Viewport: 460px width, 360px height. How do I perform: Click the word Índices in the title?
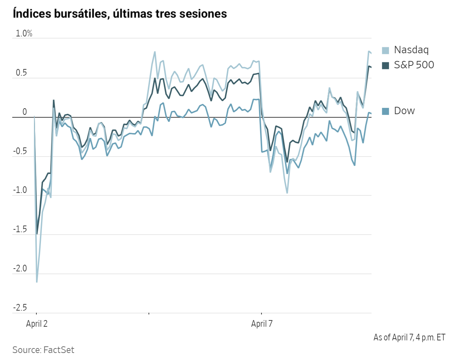(x=32, y=14)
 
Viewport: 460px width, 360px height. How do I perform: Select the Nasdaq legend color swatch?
(x=385, y=50)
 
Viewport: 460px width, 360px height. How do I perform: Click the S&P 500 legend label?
(x=414, y=65)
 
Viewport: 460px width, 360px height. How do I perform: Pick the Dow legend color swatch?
(x=385, y=111)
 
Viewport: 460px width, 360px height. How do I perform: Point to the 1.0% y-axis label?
(x=24, y=34)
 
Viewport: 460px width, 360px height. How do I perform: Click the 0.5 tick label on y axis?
(x=21, y=73)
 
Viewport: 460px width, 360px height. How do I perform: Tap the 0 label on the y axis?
(x=25, y=112)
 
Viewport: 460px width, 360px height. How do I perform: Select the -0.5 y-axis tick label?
(x=20, y=151)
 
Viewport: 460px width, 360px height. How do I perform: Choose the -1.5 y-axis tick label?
(x=20, y=229)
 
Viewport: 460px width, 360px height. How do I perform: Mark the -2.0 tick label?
(x=20, y=269)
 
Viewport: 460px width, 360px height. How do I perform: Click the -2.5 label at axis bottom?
(x=20, y=308)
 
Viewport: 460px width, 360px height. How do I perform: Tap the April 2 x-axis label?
(x=37, y=324)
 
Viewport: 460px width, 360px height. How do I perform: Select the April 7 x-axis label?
(x=262, y=324)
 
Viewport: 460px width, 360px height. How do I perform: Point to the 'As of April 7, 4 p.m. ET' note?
(x=409, y=338)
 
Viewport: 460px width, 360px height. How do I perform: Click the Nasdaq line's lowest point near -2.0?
(x=37, y=282)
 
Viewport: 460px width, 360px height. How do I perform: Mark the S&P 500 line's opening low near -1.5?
(x=37, y=233)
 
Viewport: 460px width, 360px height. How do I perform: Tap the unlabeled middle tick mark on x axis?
(x=149, y=313)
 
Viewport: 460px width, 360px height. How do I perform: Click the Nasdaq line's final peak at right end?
(x=369, y=51)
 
